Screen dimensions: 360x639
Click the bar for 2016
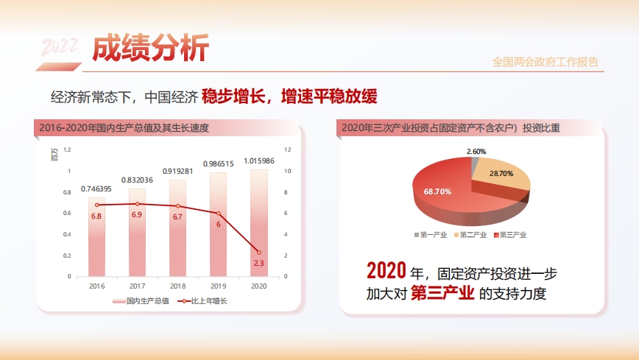tap(96, 243)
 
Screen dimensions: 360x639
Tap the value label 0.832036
tap(137, 180)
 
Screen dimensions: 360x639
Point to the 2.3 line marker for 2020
tap(258, 253)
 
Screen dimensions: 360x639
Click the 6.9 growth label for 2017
tap(137, 214)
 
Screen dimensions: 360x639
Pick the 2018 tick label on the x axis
tap(177, 286)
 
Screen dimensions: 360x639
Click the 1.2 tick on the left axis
tap(68, 149)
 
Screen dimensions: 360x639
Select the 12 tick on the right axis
tap(288, 149)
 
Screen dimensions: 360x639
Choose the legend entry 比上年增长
tap(208, 301)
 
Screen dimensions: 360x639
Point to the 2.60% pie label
tap(476, 152)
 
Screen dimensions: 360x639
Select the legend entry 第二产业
tap(473, 235)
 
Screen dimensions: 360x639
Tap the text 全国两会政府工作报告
tap(546, 62)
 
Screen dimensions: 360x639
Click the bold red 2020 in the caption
tap(386, 271)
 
